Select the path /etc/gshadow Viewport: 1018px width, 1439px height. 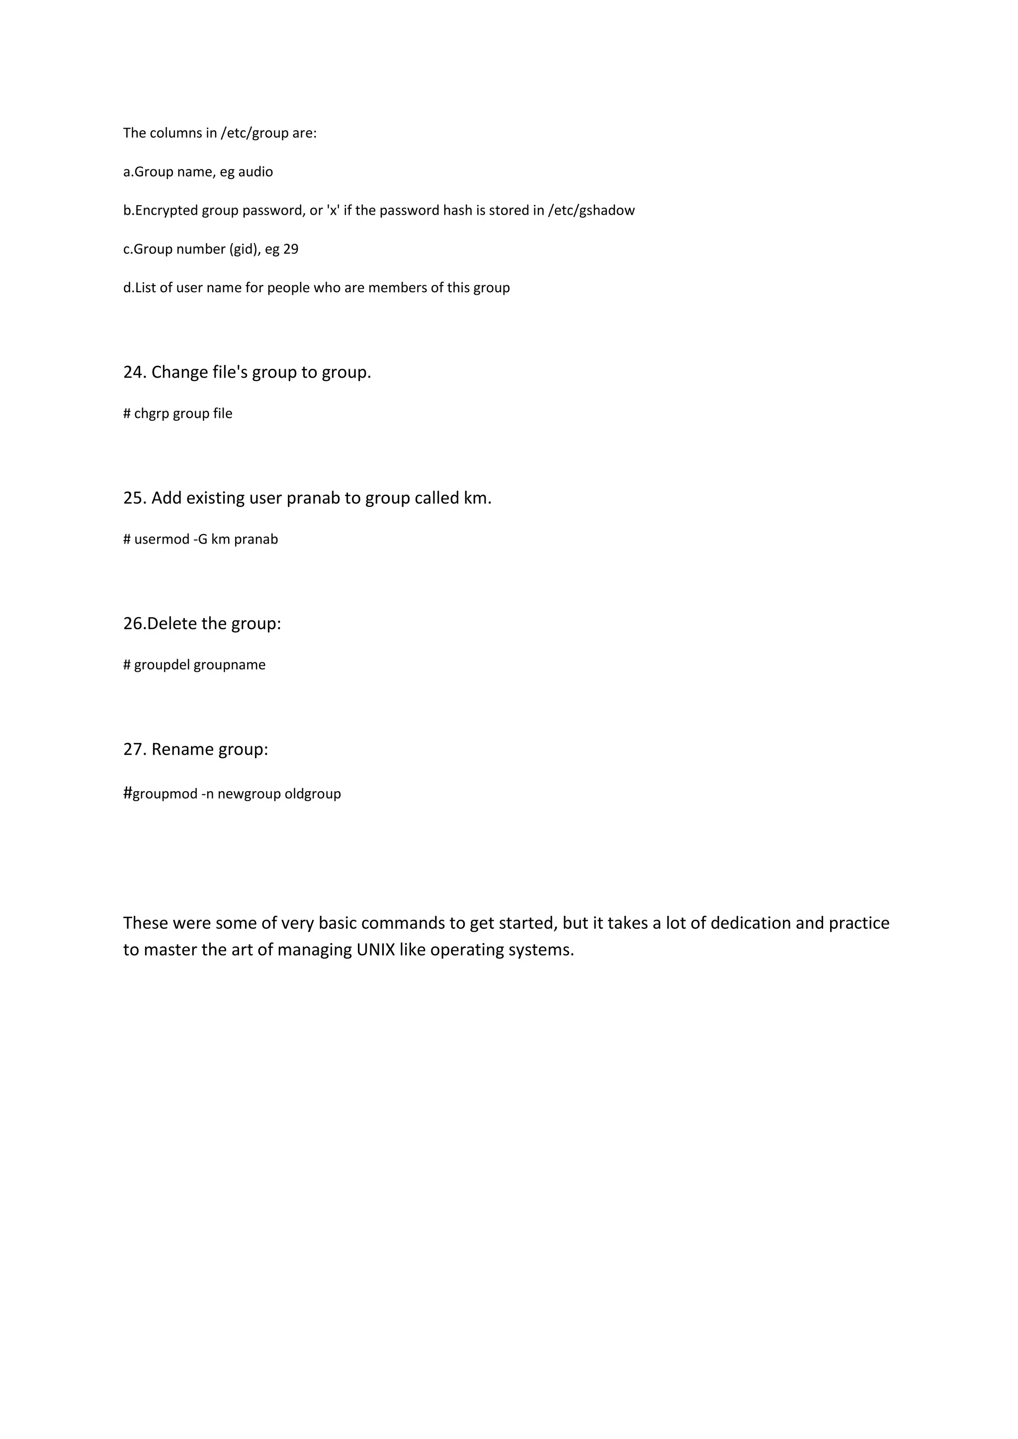pyautogui.click(x=591, y=211)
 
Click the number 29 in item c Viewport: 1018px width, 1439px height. pyautogui.click(x=291, y=249)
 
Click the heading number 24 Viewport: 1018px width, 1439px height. pyautogui.click(x=134, y=372)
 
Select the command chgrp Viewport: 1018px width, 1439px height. pyautogui.click(x=152, y=413)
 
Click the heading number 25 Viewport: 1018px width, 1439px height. pyautogui.click(x=134, y=498)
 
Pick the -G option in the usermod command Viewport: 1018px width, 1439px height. pyautogui.click(x=200, y=540)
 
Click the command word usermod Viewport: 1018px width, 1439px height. pyautogui.click(x=162, y=540)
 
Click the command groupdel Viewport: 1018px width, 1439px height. pyautogui.click(x=162, y=665)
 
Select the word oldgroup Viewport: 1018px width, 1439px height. pyautogui.click(x=313, y=794)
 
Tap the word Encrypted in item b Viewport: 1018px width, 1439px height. pyautogui.click(x=166, y=211)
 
